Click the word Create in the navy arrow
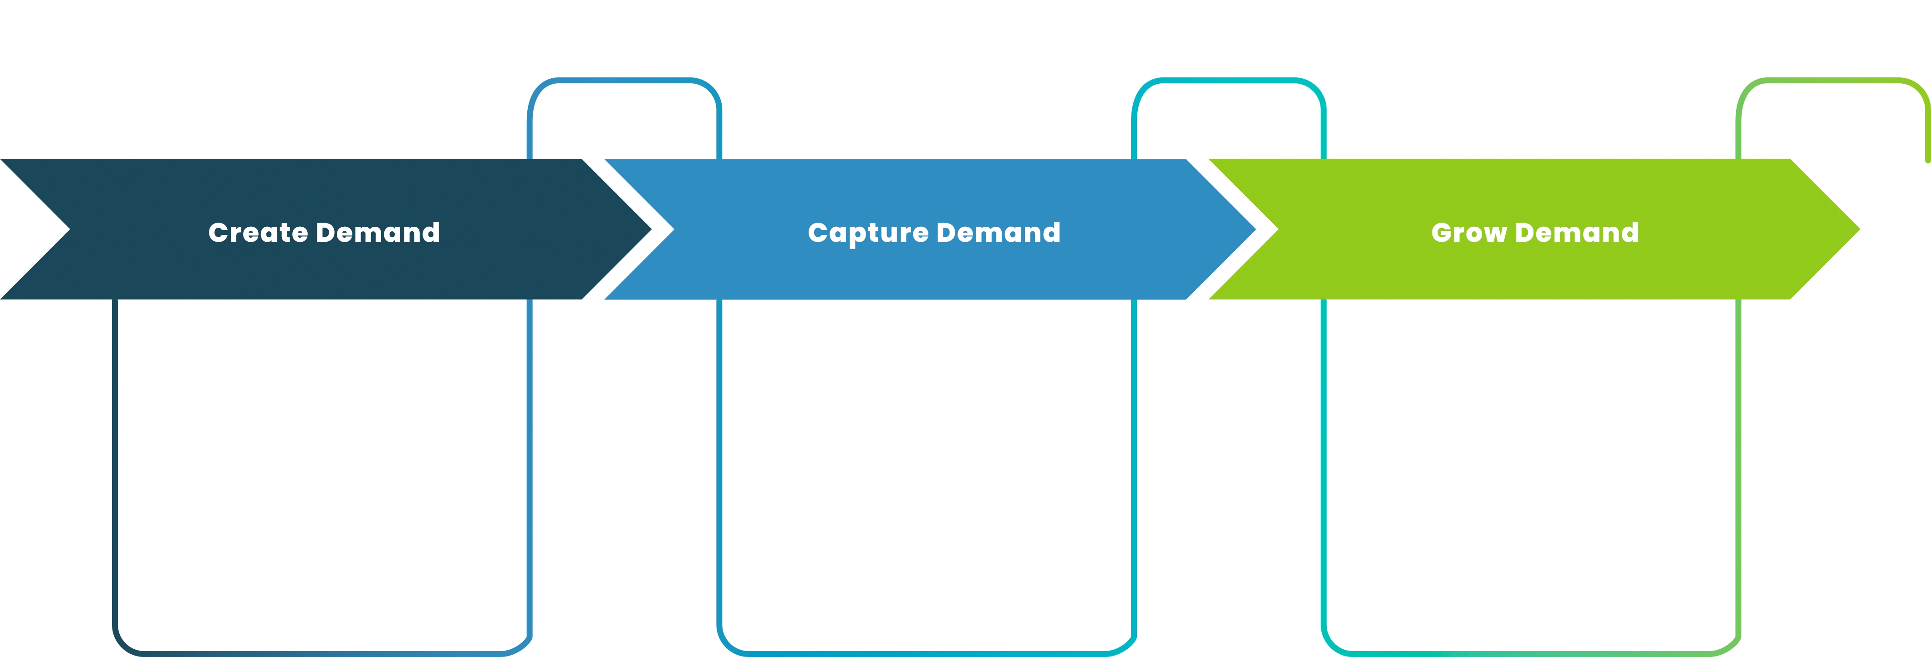pyautogui.click(x=258, y=233)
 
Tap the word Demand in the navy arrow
pyautogui.click(x=378, y=233)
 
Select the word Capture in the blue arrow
pyautogui.click(x=868, y=233)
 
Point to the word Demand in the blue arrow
pyautogui.click(x=999, y=233)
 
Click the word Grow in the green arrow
pyautogui.click(x=1468, y=233)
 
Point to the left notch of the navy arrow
pyautogui.click(x=70, y=229)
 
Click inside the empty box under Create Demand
pyautogui.click(x=322, y=473)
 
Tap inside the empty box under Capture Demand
pyautogui.click(x=927, y=473)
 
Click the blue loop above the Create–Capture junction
pyautogui.click(x=624, y=80)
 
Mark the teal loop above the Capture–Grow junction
pyautogui.click(x=1228, y=80)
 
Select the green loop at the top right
pyautogui.click(x=1833, y=80)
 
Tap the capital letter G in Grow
pyautogui.click(x=1442, y=233)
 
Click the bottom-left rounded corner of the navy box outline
pyautogui.click(x=122, y=646)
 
